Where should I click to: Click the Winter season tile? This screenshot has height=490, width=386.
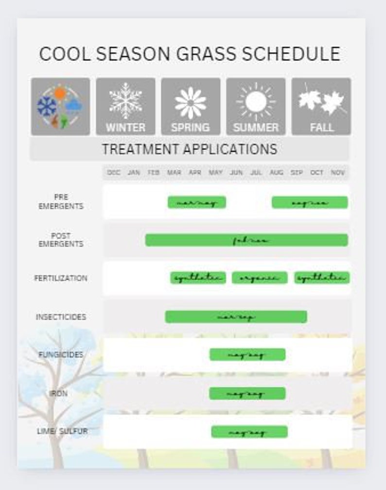pos(125,106)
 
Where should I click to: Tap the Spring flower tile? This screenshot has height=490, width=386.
pos(191,106)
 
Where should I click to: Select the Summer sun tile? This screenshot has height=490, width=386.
pos(256,106)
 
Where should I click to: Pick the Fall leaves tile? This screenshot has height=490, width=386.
pos(321,106)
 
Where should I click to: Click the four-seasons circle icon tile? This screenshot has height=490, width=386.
pos(60,106)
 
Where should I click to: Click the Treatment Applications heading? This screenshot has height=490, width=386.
pos(190,149)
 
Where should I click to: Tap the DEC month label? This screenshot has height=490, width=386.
pos(114,173)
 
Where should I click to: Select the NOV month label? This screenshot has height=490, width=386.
pos(338,173)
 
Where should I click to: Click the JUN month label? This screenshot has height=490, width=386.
pos(236,173)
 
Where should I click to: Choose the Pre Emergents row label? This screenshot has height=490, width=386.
pos(61,202)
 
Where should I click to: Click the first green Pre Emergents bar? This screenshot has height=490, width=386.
pos(197,202)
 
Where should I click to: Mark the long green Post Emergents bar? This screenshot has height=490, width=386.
pos(246,240)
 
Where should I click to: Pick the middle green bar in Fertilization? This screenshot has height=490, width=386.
pos(260,278)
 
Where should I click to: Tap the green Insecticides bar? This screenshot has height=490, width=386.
pos(236,317)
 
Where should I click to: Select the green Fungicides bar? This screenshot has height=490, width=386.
pos(247,355)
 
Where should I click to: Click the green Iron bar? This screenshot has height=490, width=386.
pos(247,393)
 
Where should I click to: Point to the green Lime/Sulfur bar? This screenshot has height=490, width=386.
pos(249,432)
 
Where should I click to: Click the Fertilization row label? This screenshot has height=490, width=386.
pos(61,279)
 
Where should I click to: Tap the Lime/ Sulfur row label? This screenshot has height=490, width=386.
pos(62,431)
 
